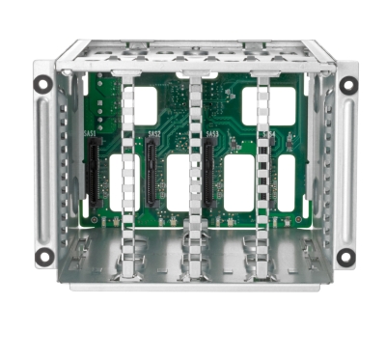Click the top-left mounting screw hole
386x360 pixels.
click(x=41, y=84)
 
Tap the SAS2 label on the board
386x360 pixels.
click(x=153, y=134)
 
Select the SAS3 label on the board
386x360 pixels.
click(x=211, y=134)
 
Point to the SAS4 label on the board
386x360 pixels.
click(x=268, y=135)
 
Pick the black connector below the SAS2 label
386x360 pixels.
click(x=152, y=164)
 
